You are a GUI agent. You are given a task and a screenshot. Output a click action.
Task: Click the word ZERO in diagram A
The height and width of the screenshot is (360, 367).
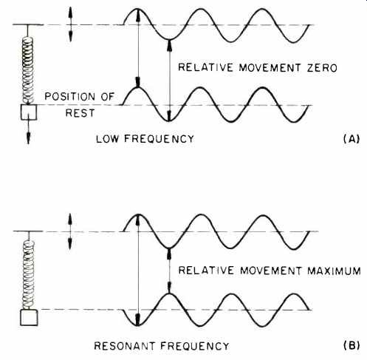[322, 68]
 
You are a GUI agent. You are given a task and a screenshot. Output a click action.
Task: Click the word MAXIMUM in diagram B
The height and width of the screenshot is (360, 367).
[334, 271]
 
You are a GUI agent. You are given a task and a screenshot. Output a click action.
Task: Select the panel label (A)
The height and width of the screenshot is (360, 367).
[351, 139]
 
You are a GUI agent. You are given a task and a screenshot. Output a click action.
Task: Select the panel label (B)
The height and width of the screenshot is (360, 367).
[351, 345]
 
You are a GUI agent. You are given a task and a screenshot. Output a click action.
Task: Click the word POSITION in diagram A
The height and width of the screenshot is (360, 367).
[69, 96]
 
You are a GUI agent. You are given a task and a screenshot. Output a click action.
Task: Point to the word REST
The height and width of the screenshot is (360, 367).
[80, 113]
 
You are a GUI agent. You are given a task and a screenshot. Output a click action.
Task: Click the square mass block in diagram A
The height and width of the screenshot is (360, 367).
[29, 112]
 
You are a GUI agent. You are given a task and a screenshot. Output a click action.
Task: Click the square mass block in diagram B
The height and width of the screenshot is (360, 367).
[29, 318]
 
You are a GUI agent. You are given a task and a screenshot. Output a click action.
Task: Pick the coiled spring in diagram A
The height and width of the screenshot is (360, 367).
[27, 70]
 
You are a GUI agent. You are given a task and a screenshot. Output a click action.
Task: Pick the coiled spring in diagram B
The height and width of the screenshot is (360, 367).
[29, 275]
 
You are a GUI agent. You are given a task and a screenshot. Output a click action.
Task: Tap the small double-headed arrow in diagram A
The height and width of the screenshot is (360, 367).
[71, 24]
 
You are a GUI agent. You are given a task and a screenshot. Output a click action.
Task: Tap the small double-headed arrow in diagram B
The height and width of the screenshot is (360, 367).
[70, 231]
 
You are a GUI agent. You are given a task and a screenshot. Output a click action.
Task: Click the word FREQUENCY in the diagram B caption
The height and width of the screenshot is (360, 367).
[195, 346]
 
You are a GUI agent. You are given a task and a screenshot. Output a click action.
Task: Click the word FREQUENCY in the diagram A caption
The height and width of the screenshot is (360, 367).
[159, 139]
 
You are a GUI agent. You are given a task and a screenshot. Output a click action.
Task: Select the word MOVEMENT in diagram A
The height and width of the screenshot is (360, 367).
[270, 68]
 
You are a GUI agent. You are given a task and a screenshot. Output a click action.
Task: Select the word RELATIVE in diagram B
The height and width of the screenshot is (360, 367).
[206, 271]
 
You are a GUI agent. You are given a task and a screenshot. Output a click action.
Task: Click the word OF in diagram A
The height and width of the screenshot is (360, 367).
[108, 96]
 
